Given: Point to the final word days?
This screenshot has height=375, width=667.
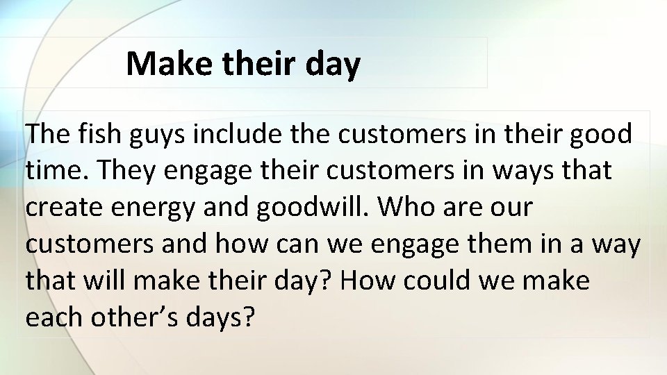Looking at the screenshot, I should click(x=222, y=318).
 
